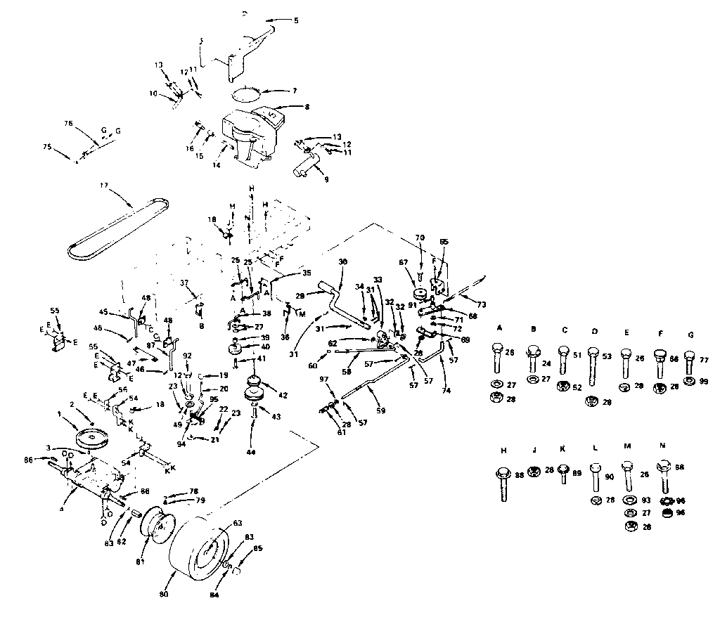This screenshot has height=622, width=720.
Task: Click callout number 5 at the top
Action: coord(296,20)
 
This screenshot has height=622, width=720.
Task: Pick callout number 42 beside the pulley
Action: coord(283,396)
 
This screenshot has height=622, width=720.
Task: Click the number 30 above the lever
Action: coord(343,261)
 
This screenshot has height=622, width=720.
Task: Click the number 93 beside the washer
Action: coord(646,500)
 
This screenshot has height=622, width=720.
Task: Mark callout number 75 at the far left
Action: coord(47,147)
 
